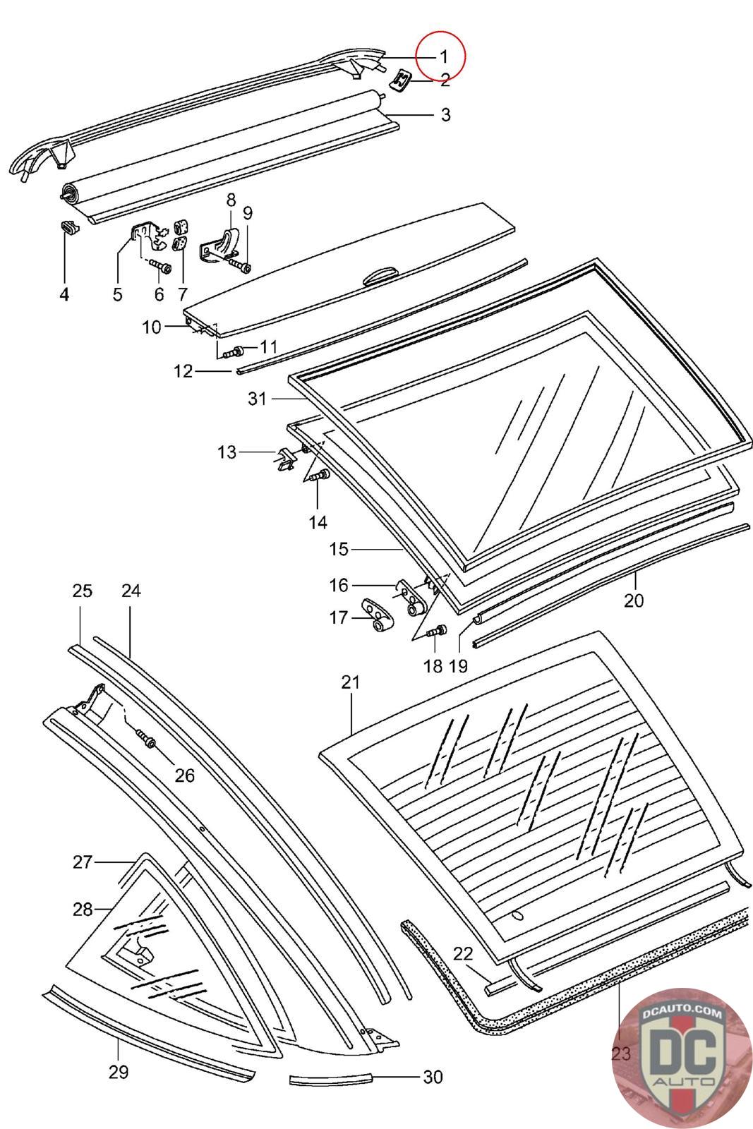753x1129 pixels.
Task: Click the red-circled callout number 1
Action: coord(444,56)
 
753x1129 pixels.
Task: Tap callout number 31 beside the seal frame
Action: coord(257,399)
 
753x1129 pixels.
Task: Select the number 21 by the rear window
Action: coord(350,682)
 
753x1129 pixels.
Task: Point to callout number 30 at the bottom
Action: coord(433,1077)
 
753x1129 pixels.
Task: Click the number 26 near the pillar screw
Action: coord(184,775)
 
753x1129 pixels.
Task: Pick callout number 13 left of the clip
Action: coord(227,452)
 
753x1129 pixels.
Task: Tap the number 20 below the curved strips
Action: coord(634,600)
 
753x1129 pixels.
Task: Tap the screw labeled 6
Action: coord(161,268)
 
